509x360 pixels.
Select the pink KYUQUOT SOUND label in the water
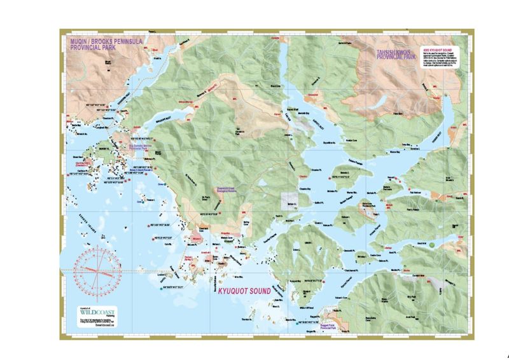tap(241, 291)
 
